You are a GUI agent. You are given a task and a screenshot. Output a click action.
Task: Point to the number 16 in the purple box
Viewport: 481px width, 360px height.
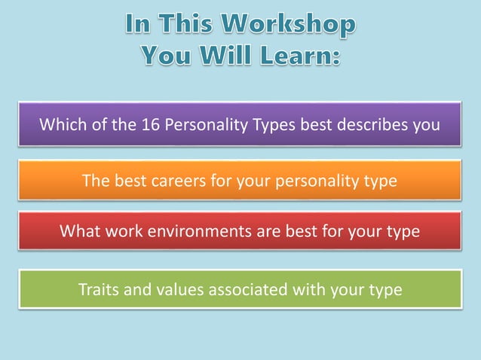pos(150,124)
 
